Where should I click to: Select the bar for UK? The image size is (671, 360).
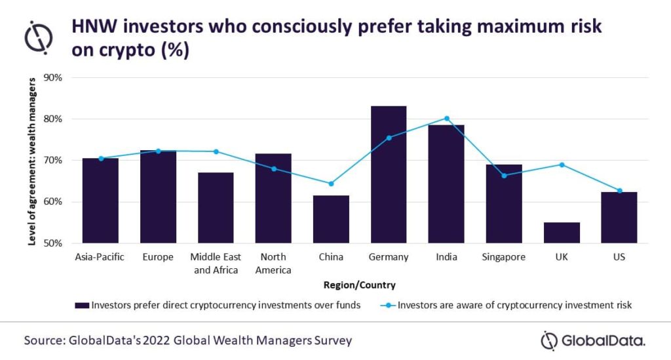coord(562,233)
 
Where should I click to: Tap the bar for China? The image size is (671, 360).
coord(331,219)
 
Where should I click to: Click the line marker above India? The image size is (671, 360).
coord(447,119)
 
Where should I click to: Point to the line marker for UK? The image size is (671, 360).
coord(562,165)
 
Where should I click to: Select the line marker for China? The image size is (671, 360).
coord(331,184)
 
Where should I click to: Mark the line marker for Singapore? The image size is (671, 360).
coord(504,176)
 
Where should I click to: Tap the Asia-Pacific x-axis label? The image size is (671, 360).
coord(100,257)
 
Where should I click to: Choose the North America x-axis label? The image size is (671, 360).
coord(273,263)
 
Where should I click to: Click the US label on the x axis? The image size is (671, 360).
coord(619,257)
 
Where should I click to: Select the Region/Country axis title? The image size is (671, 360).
coord(360,285)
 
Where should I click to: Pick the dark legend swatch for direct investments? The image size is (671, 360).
coord(82,305)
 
